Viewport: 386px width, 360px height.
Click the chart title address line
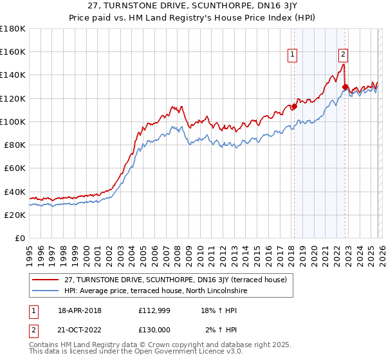(x=192, y=7)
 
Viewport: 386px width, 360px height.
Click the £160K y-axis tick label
(x=13, y=51)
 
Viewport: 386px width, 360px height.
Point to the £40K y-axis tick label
(x=15, y=192)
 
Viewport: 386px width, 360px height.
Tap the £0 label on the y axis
(x=20, y=239)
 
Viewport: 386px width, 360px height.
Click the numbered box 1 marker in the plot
(x=293, y=55)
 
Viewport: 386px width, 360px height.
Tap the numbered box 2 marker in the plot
(x=344, y=55)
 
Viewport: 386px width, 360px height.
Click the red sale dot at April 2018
(x=294, y=106)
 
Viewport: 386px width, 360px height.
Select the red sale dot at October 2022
(x=345, y=86)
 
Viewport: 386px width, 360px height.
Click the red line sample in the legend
(x=46, y=279)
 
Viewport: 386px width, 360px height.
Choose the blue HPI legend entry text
(x=156, y=291)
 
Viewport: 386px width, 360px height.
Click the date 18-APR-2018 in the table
(x=78, y=310)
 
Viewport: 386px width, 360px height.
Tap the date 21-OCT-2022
(x=78, y=329)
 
